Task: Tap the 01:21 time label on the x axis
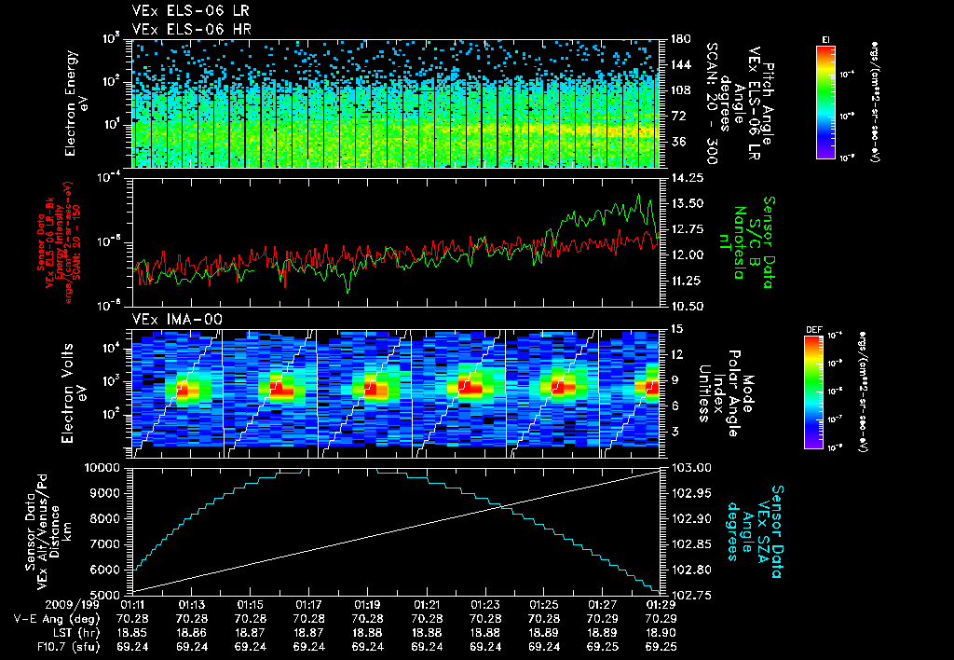click(426, 605)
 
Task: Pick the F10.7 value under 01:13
click(192, 645)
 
